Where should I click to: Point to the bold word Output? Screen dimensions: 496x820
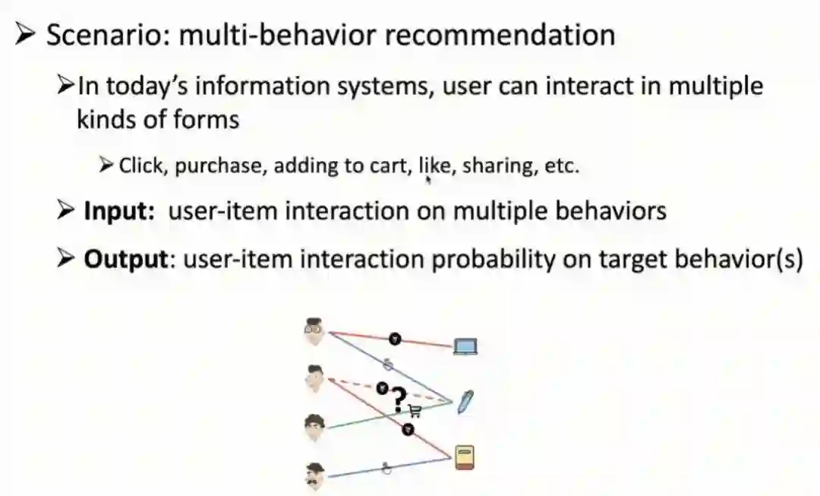[x=125, y=260]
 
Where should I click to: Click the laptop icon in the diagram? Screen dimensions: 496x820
[x=465, y=347]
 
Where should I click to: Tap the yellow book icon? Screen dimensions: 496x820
[x=465, y=458]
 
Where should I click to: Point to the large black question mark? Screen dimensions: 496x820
[x=399, y=398]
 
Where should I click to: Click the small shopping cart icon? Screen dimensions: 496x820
[x=415, y=411]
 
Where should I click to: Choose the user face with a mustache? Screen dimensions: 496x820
[x=315, y=475]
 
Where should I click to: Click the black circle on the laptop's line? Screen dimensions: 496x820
[x=393, y=339]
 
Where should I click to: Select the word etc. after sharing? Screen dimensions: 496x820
[x=562, y=166]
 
